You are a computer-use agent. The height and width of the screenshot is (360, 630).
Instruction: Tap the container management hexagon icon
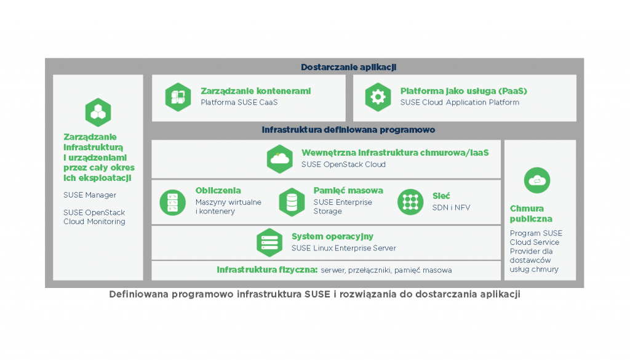pos(177,97)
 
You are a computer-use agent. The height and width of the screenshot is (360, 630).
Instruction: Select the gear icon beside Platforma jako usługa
pos(377,97)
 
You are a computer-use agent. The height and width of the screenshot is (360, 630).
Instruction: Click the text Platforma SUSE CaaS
pos(239,102)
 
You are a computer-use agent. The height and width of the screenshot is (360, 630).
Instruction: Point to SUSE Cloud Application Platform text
pos(460,102)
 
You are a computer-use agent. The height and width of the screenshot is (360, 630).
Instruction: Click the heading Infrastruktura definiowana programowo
pos(348,130)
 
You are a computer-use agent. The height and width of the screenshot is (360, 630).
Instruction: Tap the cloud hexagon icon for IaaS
pos(280,158)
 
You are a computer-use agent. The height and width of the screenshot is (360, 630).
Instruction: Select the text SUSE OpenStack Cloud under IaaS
pos(343,164)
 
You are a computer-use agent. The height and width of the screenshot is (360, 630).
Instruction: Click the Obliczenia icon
pos(172,202)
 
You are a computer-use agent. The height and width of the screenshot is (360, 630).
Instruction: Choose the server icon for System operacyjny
pos(269,242)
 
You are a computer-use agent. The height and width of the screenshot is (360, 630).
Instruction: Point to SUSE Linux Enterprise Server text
pos(343,248)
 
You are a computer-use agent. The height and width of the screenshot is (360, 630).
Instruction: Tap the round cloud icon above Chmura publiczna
pos(537,180)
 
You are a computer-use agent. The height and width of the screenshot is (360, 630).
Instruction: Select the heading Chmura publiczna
pos(531,214)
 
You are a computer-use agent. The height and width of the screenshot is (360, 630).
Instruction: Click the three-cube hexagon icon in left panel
pos(98,112)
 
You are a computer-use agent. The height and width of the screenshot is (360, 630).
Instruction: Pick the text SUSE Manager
pos(89,195)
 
